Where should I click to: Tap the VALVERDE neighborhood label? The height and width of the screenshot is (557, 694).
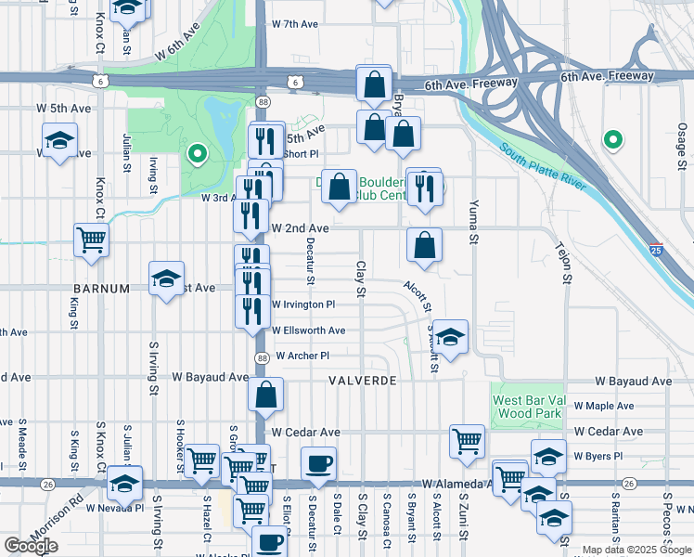(363, 382)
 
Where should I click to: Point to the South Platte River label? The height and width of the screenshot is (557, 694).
(543, 168)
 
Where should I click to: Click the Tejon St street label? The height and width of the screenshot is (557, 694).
(561, 265)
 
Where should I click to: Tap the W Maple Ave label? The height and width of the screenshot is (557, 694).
(604, 406)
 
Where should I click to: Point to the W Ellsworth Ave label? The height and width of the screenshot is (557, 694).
(308, 330)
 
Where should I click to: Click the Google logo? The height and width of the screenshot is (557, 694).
(31, 545)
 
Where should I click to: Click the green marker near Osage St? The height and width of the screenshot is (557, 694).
(612, 140)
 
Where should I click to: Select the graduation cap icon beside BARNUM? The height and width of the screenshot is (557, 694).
(166, 278)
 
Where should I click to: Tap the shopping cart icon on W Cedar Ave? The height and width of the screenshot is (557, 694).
(467, 441)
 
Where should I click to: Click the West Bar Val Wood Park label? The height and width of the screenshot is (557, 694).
(527, 406)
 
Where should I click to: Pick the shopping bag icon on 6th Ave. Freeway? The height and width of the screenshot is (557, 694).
(373, 84)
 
